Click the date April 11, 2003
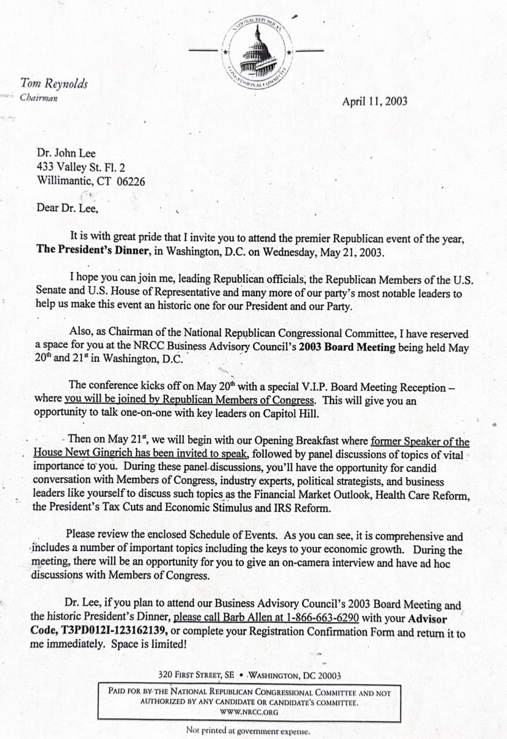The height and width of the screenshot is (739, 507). [374, 102]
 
